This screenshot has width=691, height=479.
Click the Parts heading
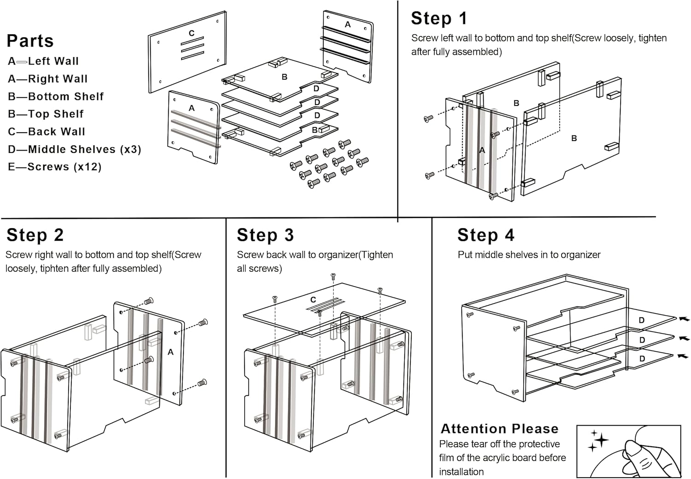[x=30, y=41]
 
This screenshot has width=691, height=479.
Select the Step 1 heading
[x=439, y=18]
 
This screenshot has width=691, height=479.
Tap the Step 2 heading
[x=35, y=235]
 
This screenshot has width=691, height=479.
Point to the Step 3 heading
[x=265, y=235]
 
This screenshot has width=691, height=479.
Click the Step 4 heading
[x=486, y=235]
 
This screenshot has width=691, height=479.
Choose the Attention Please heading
[x=499, y=429]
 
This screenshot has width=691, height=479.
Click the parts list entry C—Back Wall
[x=47, y=132]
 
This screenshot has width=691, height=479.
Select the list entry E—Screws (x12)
[x=54, y=167]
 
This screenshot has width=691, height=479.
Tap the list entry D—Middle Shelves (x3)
[x=74, y=149]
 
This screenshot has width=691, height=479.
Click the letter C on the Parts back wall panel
[x=192, y=33]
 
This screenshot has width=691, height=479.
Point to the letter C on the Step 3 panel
[x=313, y=300]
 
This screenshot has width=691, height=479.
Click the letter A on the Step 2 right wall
[x=170, y=352]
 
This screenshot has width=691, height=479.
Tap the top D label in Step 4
[x=642, y=320]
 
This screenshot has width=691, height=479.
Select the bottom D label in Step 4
[x=642, y=358]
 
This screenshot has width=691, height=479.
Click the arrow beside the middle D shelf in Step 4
[x=684, y=338]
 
